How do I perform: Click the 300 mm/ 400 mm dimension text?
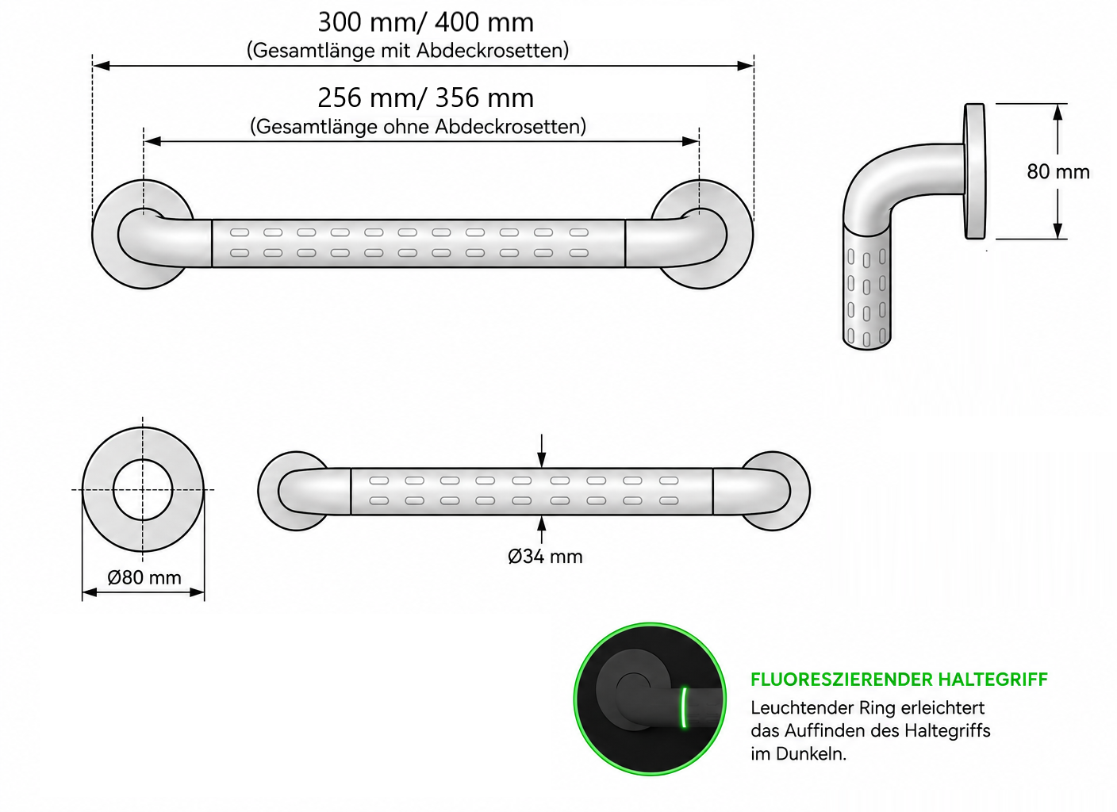click(425, 22)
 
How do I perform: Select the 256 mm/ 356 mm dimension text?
click(425, 98)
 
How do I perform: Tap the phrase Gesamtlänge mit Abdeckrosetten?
click(408, 50)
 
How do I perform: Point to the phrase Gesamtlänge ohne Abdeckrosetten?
click(418, 127)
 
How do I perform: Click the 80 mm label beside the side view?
click(1058, 172)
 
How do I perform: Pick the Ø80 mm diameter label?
click(144, 578)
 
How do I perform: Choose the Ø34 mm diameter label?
click(545, 557)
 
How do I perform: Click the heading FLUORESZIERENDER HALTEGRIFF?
click(899, 680)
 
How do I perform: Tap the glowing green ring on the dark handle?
click(684, 707)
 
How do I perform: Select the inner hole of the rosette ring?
click(143, 490)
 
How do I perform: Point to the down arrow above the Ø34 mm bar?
click(542, 450)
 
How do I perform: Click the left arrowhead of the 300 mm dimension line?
click(102, 66)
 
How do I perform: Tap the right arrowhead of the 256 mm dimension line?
click(691, 142)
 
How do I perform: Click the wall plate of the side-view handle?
click(975, 171)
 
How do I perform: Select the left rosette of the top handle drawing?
click(143, 234)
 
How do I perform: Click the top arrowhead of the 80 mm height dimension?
click(1058, 112)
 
